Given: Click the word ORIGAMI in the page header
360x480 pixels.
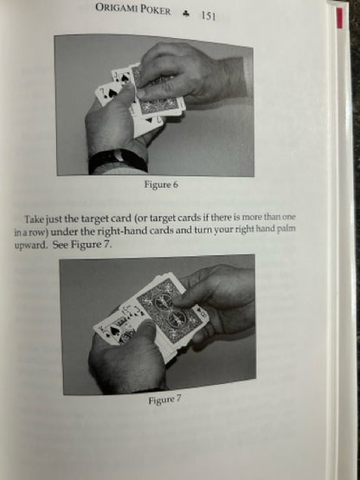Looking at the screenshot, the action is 117,9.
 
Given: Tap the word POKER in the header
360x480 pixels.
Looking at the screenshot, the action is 156,10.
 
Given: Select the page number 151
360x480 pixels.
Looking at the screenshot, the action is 209,16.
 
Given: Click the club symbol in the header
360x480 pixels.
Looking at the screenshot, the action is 186,14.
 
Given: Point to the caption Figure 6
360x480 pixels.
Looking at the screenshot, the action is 161,184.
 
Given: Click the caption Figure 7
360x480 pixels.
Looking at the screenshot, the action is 164,400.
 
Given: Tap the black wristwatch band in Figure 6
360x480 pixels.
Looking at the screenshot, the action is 118,160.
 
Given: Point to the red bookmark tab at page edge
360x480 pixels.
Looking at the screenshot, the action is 339,18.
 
